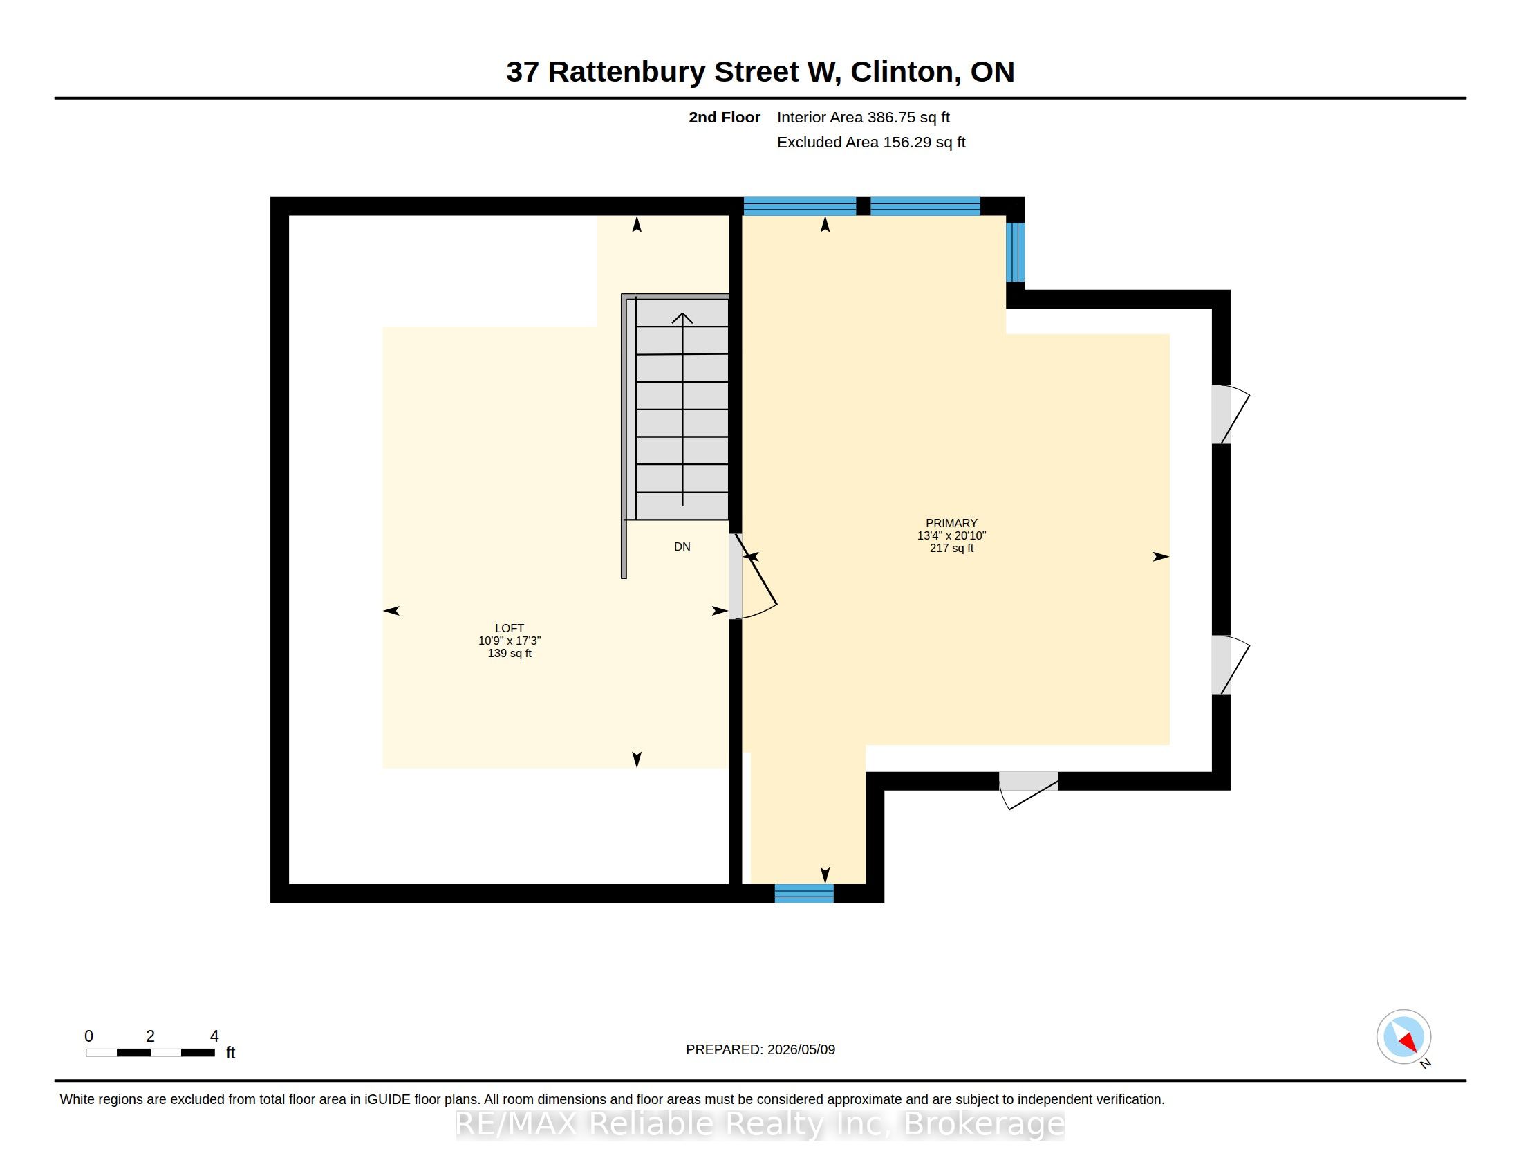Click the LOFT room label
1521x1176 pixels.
(509, 627)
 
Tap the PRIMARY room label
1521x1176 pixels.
(951, 522)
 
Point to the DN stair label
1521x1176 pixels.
(682, 547)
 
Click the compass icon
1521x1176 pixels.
(1403, 1037)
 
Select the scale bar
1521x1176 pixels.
(151, 1053)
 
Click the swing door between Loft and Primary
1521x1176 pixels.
(752, 576)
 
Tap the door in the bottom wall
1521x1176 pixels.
(1029, 790)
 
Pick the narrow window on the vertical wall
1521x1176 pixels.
(1016, 252)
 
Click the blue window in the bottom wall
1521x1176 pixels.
(803, 893)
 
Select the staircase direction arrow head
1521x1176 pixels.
(682, 318)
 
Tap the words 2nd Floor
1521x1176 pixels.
(725, 117)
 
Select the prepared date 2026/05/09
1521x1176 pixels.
(801, 1049)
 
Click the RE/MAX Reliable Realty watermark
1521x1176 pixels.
(760, 1123)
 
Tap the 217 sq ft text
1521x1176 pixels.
(951, 549)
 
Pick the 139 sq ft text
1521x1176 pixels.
(509, 654)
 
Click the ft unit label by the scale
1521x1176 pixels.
(230, 1053)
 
